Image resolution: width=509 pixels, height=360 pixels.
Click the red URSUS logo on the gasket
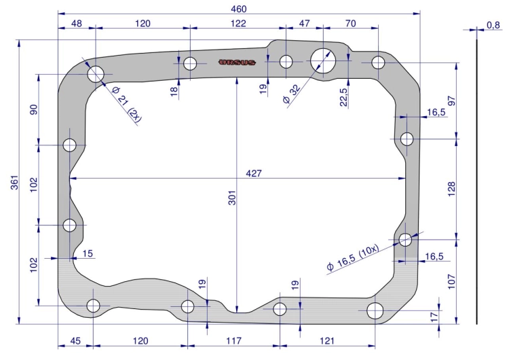pyautogui.click(x=238, y=62)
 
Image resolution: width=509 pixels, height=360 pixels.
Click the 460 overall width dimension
pyautogui.click(x=239, y=9)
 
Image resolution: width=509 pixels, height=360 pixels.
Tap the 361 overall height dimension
pyautogui.click(x=15, y=182)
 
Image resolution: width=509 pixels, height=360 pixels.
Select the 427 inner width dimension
pyautogui.click(x=254, y=173)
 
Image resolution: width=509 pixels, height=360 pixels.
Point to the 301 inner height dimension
pyautogui.click(x=232, y=198)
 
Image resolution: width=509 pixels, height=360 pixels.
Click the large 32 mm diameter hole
pyautogui.click(x=322, y=60)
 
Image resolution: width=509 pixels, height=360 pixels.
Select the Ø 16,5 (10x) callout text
pyautogui.click(x=353, y=257)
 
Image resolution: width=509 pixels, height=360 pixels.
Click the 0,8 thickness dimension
pyautogui.click(x=493, y=25)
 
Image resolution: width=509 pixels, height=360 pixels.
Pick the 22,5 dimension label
pyautogui.click(x=343, y=97)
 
